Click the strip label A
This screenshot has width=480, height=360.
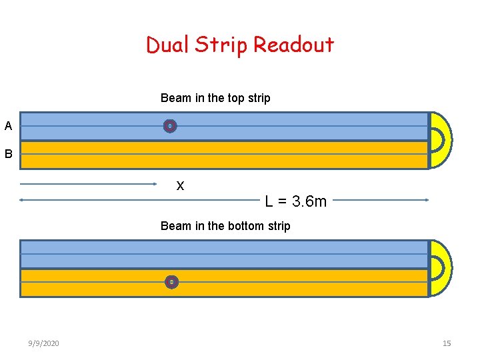(8, 126)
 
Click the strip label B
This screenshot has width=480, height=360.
(8, 154)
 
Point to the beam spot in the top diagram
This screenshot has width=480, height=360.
(170, 126)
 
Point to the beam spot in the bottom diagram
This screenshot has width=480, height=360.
(171, 282)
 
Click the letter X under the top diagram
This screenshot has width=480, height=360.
(180, 186)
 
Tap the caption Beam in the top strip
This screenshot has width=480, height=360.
(215, 98)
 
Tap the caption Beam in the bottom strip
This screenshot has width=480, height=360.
(225, 226)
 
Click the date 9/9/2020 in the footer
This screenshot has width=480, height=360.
(44, 343)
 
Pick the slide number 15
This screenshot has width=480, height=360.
(447, 343)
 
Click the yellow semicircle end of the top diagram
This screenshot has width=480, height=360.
(441, 140)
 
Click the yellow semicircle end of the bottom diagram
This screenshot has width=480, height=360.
(441, 268)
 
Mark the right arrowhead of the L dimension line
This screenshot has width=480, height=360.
(426, 199)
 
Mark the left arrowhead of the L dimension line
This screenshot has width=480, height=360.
(22, 199)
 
